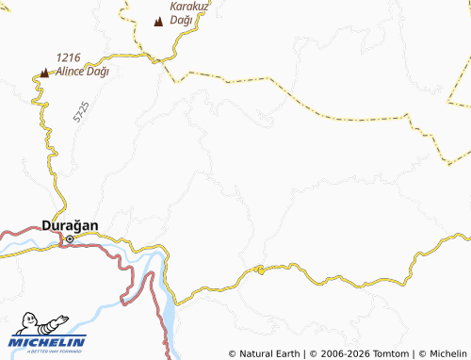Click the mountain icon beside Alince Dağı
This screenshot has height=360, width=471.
(43, 71)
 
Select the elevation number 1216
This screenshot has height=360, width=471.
(69, 57)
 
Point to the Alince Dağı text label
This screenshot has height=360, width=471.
(83, 71)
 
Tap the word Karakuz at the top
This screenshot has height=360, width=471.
(189, 5)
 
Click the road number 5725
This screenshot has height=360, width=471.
(79, 116)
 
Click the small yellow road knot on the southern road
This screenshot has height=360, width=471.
(260, 270)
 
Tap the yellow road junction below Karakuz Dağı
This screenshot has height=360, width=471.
(154, 58)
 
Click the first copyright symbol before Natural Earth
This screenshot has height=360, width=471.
(233, 353)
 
